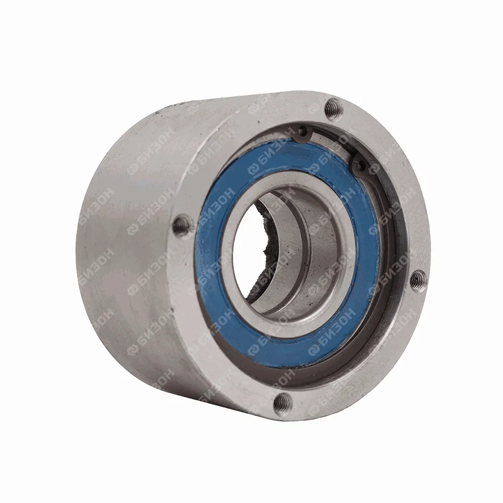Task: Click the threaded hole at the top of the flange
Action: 333,110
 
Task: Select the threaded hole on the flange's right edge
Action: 418,279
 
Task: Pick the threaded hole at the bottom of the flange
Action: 283,401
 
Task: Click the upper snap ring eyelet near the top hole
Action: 302,131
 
